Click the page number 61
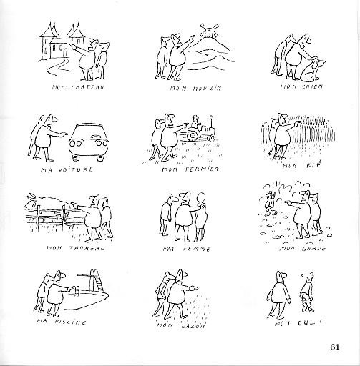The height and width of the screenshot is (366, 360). [335, 347]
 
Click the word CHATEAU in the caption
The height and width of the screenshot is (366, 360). [88, 87]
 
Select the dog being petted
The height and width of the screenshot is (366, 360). [312, 69]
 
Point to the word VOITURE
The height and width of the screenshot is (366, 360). [76, 169]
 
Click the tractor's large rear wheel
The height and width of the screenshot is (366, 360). [193, 136]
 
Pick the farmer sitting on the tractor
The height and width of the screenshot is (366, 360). [196, 122]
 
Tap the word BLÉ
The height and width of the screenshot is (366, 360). [313, 165]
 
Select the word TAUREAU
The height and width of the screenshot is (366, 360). [87, 248]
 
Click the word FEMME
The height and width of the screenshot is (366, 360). [197, 249]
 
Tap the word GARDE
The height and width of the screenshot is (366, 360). [313, 249]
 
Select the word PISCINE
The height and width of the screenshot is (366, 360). [70, 322]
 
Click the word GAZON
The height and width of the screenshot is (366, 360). [193, 326]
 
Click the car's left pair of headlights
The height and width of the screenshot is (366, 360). [76, 144]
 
